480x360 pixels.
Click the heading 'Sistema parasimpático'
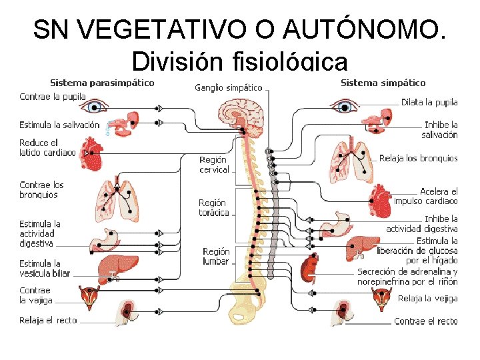102,83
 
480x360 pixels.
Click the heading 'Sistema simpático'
383,83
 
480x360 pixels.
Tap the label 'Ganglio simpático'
228,87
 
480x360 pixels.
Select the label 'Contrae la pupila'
53,97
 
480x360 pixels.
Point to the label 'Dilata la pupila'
429,102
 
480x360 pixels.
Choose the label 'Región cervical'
214,165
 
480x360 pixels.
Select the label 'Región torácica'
213,208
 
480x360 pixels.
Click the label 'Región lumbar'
216,256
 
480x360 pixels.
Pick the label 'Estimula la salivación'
59,125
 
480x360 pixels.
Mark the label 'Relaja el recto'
48,320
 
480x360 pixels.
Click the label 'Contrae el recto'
426,321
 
